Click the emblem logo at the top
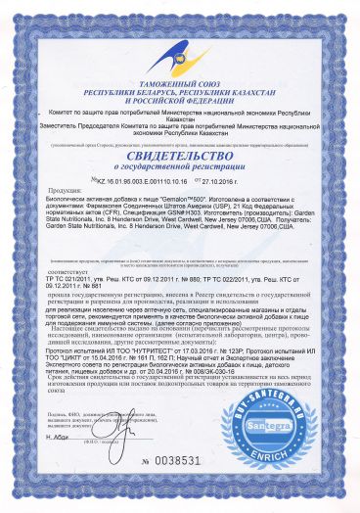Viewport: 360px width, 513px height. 180,44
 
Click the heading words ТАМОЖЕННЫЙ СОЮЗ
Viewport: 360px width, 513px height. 180,86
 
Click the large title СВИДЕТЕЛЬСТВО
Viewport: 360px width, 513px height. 180,159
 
